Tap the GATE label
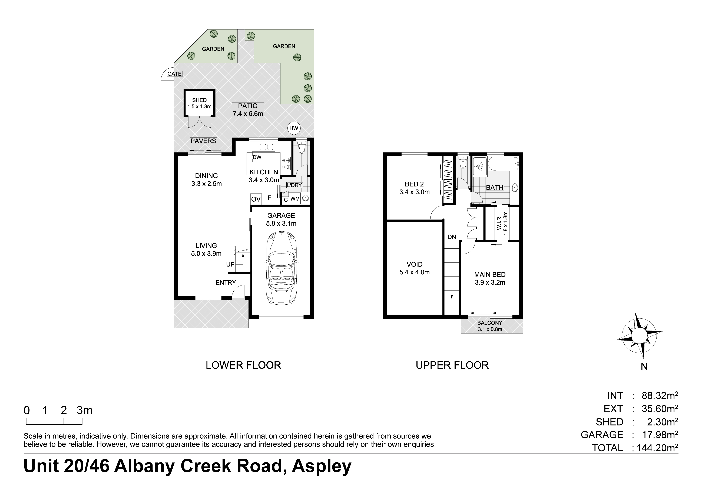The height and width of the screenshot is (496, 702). point(174,74)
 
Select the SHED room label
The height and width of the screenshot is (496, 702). point(199,100)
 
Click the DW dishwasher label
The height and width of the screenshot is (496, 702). point(257,157)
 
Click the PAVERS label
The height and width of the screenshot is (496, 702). point(203,141)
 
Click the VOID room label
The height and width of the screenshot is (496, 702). point(415,264)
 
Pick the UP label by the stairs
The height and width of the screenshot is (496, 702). point(230,264)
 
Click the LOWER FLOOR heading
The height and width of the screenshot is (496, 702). point(243,365)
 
